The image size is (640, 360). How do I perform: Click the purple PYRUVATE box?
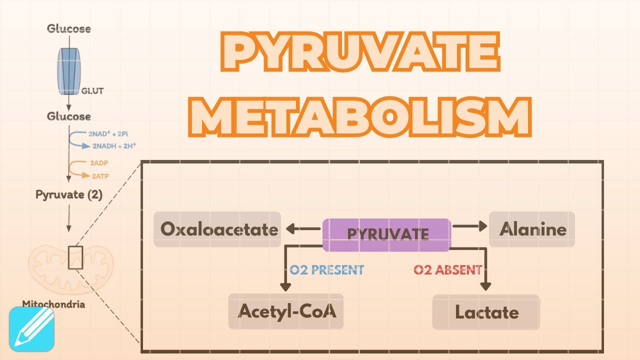pos(386,234)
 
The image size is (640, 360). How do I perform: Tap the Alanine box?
pos(532,229)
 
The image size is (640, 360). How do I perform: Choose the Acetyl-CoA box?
pos(286,311)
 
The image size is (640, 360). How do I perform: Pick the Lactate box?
pos(486,312)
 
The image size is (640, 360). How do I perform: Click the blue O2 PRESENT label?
pos(327,270)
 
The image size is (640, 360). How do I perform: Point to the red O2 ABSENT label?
pos(447,270)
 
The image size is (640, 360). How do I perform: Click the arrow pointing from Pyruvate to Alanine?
pos(469,226)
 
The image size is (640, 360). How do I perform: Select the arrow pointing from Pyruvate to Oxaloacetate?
pos(303,229)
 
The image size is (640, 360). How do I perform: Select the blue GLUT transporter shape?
pos(69,71)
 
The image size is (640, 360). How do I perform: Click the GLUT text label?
pos(92,91)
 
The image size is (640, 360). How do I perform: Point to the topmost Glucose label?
pos(69,28)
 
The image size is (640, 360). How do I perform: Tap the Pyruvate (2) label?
pos(68,194)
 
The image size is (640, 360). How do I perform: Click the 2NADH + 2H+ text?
pos(114,145)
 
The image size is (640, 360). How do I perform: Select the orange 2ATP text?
pos(99,175)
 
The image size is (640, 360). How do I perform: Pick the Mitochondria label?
pos(53,304)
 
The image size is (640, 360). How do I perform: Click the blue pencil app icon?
pos(31,328)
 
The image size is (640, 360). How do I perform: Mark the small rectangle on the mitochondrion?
pos(75,257)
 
